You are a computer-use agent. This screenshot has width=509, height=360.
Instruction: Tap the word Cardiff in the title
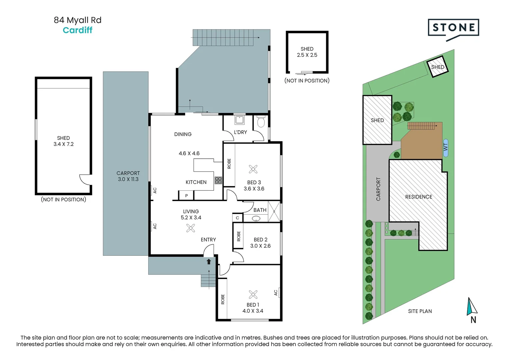pos(78,30)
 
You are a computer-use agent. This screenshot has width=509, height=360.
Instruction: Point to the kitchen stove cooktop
pos(218,181)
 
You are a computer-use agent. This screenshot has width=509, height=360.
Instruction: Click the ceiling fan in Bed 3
pos(253,169)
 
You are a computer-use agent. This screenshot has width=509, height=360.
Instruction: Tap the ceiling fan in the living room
pos(191,228)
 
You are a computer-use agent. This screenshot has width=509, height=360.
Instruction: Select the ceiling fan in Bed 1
pos(253,294)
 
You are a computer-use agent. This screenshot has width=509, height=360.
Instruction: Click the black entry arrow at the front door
pos(209,262)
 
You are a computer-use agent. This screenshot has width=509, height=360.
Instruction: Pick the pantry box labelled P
pos(186,195)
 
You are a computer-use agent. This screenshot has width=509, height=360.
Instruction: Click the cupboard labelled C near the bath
pos(238,218)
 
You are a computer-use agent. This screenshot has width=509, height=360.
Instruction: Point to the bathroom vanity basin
pos(256,219)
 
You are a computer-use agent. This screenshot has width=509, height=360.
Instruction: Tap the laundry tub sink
pos(240,120)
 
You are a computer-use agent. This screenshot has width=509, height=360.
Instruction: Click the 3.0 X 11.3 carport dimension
pos(128,179)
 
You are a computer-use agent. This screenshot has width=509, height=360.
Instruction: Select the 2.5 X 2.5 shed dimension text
pos(307,55)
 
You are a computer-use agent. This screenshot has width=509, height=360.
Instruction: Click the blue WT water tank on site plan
pos(446,148)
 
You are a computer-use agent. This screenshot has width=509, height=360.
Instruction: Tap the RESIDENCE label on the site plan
pos(419,197)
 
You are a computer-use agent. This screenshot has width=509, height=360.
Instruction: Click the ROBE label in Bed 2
pos(239,236)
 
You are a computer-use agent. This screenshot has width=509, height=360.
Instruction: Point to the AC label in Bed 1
pos(275,293)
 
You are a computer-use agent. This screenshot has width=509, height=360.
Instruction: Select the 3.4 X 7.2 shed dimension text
pos(63,144)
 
